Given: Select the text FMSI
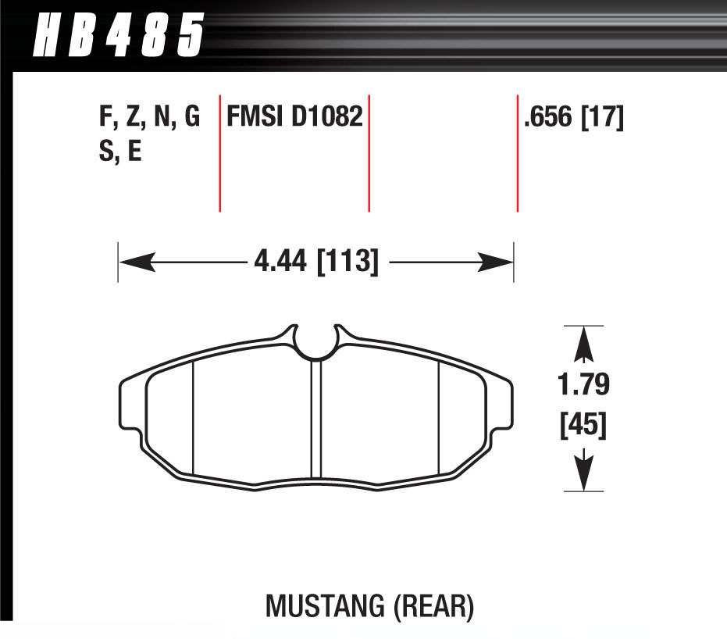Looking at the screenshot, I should point(257,118).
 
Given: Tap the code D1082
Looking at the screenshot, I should point(329,118).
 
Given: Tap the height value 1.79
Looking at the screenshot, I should point(584,387).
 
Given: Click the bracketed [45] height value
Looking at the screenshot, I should point(584,427).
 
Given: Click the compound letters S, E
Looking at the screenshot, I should point(119,151).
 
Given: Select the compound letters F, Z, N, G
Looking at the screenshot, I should point(149,118).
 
